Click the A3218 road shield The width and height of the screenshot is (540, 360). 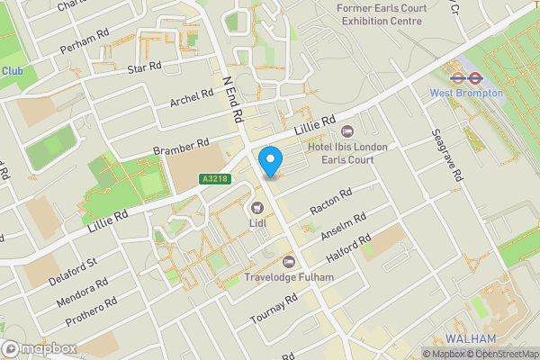[x=214, y=180]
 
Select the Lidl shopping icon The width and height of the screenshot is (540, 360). [x=256, y=208]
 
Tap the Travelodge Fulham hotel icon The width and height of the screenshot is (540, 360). [x=288, y=262]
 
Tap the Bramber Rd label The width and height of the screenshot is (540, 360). [x=180, y=146]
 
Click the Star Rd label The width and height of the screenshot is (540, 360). [x=143, y=67]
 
